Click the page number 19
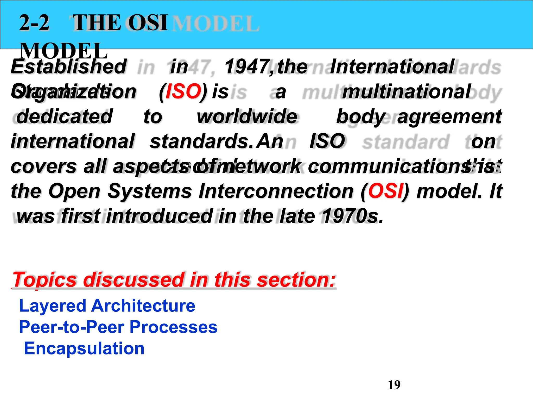394,385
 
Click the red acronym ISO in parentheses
183,92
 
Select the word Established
69,66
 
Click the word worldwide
247,116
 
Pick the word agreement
449,116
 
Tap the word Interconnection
276,191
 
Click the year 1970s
352,216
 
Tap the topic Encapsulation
84,348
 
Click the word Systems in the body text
150,191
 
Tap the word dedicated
64,116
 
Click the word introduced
160,216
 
